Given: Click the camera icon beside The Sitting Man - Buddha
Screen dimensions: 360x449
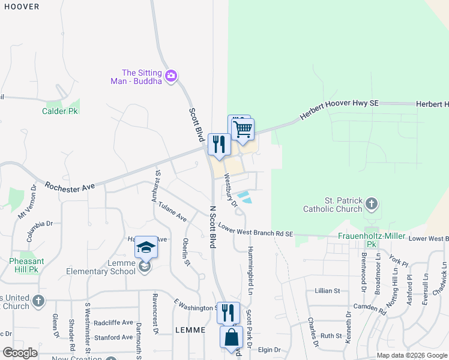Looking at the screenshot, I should pos(170,76).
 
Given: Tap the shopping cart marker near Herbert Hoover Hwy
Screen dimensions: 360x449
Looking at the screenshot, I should pos(243,129).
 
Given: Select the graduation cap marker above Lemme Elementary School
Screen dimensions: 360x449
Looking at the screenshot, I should pos(146,247).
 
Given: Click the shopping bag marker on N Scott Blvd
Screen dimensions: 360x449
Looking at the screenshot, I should pos(231,338).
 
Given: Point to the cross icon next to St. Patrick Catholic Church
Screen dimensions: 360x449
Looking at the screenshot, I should pos(372,204).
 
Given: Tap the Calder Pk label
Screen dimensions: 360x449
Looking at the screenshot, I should pos(61,111).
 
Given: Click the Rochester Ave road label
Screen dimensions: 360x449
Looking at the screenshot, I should pos(70,188).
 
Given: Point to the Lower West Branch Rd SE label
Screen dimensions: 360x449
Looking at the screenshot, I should pos(256,230).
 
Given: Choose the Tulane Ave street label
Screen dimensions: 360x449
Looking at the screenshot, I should pos(172,212).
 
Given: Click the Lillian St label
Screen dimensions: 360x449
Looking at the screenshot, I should pos(328,290).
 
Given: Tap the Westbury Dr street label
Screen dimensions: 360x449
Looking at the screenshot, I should pos(231,191).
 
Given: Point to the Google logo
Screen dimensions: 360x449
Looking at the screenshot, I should pos(19,352).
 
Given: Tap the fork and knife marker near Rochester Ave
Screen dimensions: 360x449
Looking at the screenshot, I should pos(219,145).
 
